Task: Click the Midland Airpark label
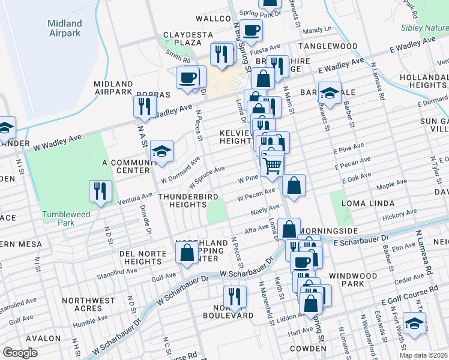[x=64, y=28]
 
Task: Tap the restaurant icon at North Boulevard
[x=234, y=296]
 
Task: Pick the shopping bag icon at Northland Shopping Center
[x=187, y=252]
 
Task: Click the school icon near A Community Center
[x=161, y=152]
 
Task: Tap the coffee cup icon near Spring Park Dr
[x=252, y=30]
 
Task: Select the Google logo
[x=20, y=353]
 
